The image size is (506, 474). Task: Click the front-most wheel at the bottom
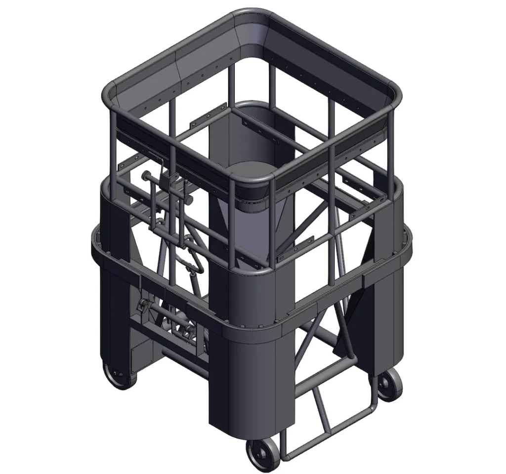(261, 454)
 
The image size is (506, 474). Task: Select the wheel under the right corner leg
(389, 384)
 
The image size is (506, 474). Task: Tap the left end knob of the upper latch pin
(147, 176)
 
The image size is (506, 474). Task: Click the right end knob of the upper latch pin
(188, 200)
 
